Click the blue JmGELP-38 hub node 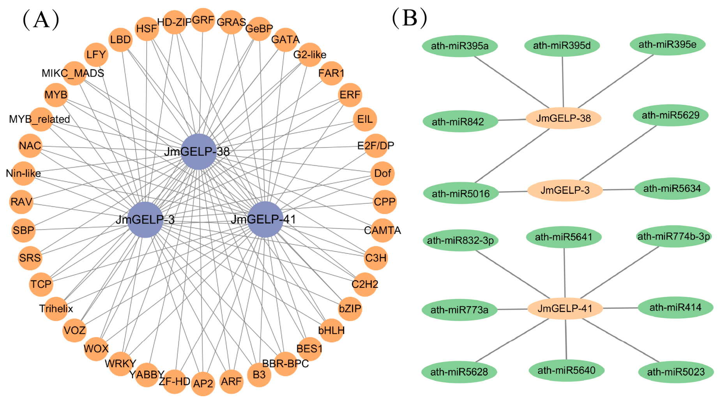(x=199, y=152)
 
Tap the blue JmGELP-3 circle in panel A (x=145, y=220)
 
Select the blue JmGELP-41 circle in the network (x=265, y=220)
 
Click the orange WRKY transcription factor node (x=120, y=364)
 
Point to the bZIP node (x=350, y=309)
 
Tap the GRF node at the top (x=203, y=20)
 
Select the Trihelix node (x=56, y=309)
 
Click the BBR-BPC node (x=286, y=364)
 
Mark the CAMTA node (x=383, y=230)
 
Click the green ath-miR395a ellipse (x=460, y=46)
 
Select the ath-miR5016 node (x=461, y=193)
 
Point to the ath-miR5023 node (x=676, y=372)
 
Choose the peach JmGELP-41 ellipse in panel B (x=565, y=309)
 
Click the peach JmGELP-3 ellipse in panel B (x=565, y=190)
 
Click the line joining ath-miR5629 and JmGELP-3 (x=619, y=153)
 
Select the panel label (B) (x=410, y=18)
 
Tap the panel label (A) (x=41, y=20)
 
